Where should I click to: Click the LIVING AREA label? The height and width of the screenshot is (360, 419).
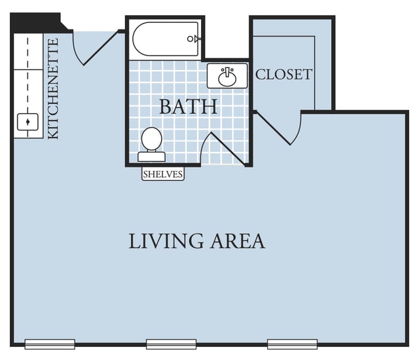click(196, 241)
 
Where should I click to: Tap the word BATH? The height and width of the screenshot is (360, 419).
click(188, 107)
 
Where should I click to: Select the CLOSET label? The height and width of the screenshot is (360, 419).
click(283, 75)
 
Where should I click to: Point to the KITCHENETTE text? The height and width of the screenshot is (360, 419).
click(53, 88)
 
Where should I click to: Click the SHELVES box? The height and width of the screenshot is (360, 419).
click(163, 174)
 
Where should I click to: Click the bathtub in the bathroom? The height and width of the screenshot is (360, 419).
click(166, 39)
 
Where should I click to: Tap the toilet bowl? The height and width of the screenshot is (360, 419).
click(151, 139)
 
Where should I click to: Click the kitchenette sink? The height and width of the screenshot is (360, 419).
click(27, 122)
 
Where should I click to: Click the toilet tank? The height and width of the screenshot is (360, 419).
click(151, 157)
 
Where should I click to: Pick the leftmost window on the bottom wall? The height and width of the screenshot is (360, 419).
click(50, 344)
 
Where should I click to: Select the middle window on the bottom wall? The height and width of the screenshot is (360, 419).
click(172, 344)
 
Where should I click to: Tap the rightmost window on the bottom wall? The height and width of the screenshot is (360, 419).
click(293, 344)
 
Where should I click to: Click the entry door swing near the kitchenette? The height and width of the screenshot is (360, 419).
click(95, 48)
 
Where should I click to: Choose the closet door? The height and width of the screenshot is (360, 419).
click(278, 128)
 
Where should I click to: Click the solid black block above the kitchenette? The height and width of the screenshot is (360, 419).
click(37, 23)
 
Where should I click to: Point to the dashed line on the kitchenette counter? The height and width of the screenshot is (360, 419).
click(27, 87)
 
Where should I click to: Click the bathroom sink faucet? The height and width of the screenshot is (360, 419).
click(227, 73)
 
